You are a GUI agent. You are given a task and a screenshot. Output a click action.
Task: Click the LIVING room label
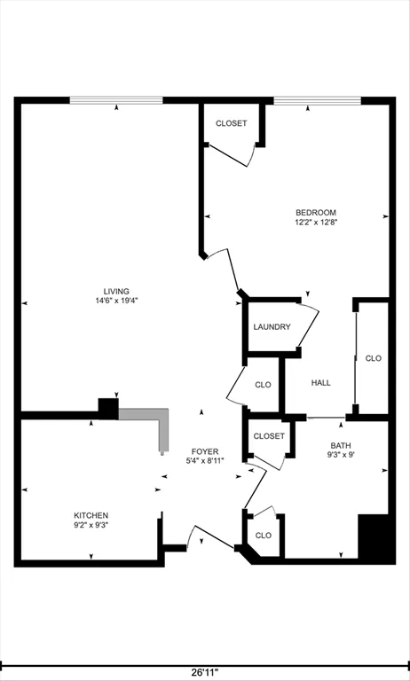116,291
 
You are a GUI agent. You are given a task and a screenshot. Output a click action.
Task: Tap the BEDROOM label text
316,212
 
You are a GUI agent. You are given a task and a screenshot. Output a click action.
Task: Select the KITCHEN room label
91,515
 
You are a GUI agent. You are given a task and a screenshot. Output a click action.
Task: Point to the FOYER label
204,450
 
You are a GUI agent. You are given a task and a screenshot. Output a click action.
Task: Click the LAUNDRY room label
272,327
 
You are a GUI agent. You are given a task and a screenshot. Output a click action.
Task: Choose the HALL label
320,382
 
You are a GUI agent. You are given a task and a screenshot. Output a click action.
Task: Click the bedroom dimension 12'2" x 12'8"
316,222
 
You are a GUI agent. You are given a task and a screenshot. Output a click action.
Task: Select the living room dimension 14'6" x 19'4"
116,301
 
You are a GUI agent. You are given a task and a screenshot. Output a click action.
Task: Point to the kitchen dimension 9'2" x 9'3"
91,525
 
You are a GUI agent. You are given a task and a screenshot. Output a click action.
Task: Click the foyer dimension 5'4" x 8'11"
204,460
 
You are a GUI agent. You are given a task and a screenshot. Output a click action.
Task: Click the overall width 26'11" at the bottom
205,672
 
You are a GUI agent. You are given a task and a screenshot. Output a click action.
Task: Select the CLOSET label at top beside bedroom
232,123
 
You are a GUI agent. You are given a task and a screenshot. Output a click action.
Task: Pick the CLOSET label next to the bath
269,436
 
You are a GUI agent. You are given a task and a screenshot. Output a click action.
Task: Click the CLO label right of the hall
374,358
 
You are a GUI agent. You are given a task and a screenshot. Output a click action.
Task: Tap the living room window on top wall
116,100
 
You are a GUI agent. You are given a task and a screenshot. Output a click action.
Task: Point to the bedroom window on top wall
317,100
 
